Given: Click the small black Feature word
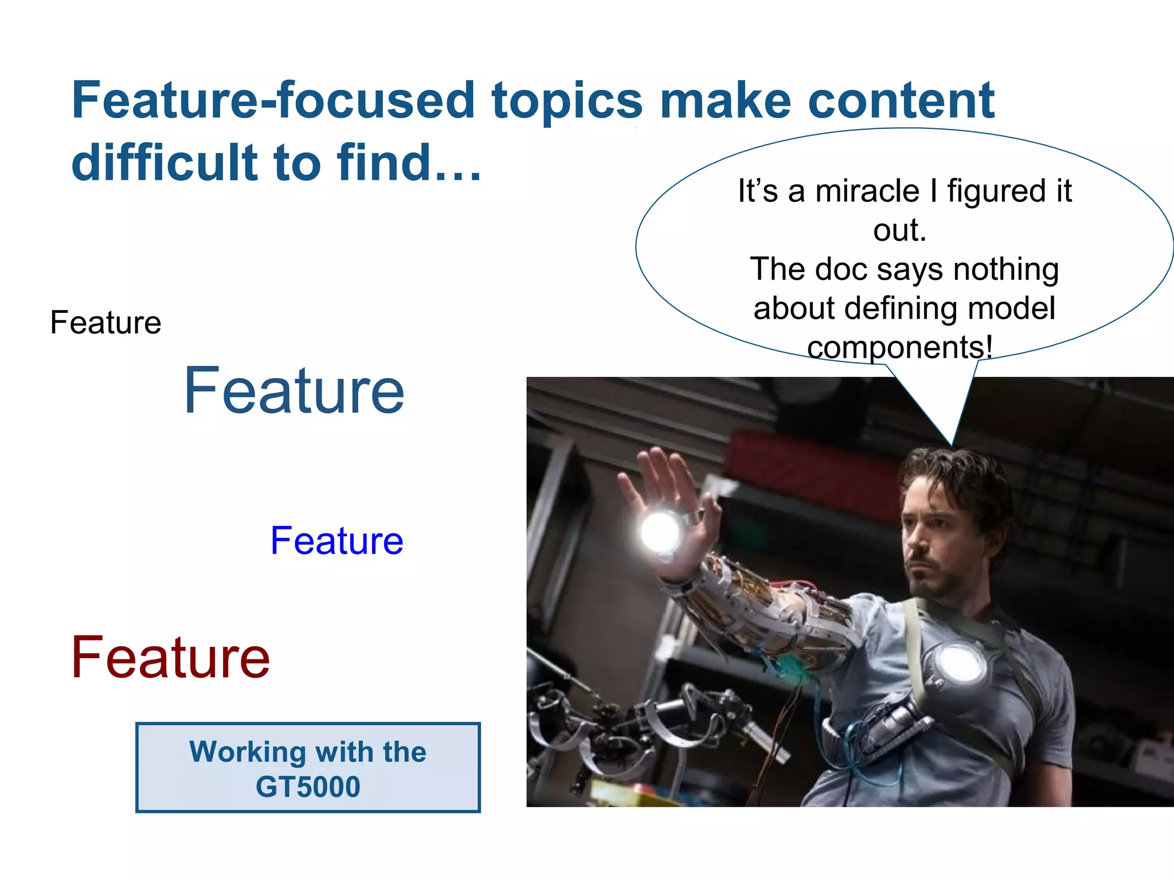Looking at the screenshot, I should pos(105,323).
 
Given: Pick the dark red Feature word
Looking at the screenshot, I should pos(170,658).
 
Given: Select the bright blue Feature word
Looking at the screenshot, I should pos(336,541).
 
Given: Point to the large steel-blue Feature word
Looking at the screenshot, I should pos(294,391).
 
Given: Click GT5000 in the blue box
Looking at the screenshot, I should pos(308,787).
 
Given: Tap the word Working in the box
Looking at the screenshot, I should pos(248,752).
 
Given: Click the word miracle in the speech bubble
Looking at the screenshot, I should pos(867,191).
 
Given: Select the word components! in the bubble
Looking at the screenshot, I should pos(899,347).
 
